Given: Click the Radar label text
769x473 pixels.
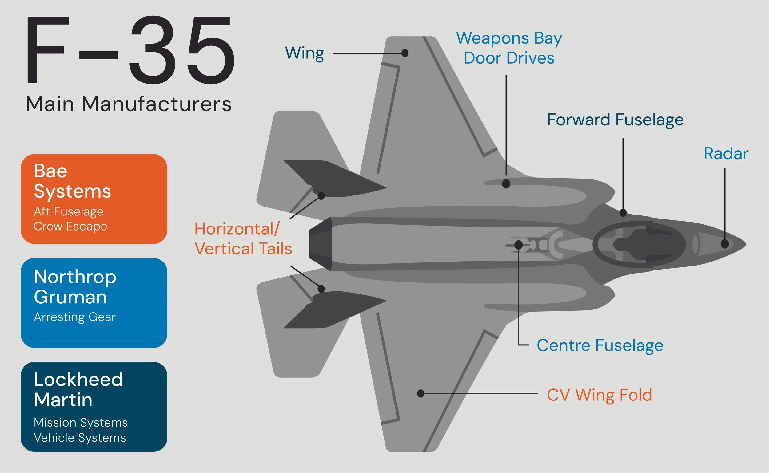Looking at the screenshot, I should coord(726,154).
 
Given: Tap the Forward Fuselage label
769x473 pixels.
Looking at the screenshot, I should coord(615,120).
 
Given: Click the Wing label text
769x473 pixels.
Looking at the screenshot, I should coord(304,53).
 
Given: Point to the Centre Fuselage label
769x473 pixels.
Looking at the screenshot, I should coord(600,345).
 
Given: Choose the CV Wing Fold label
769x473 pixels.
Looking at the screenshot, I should coord(599,395).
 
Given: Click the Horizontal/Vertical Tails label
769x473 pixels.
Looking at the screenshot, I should coord(243,239).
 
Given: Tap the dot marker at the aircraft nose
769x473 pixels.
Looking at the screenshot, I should coord(724,244).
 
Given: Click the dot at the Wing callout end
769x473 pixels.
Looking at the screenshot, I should coord(405,53).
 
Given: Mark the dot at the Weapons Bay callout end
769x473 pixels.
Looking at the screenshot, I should coord(506,183).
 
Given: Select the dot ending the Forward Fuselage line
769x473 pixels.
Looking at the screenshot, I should coord(623,213).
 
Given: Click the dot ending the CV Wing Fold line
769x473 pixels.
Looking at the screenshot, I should coord(421,393).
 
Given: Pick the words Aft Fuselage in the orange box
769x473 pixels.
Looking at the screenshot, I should coord(69,211).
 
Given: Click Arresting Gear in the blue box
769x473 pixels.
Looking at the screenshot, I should coord(74,317).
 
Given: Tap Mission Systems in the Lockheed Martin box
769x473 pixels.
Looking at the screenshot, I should coord(81,422).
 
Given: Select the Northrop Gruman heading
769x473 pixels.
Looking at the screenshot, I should coord(75,286).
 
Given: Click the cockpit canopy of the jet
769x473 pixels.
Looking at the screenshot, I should coord(639,244).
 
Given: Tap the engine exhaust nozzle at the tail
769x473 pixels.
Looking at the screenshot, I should coord(320,244).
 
